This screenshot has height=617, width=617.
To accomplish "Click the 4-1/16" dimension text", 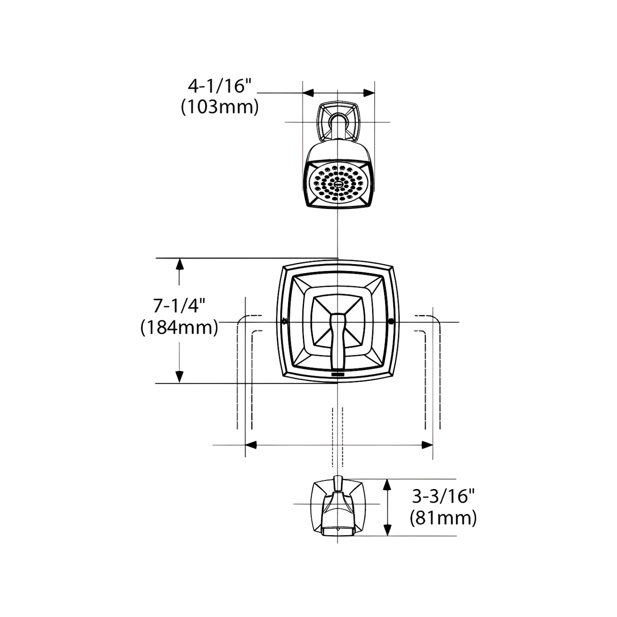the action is pos(219,87).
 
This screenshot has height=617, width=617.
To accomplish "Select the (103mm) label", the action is pos(220,107).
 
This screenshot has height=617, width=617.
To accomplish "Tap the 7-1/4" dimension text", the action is pos(179,306).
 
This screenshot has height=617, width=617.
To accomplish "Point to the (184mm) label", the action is pos(179,328).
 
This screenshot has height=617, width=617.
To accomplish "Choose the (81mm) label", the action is pos(443,517).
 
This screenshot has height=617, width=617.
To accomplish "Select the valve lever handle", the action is pos(337,340).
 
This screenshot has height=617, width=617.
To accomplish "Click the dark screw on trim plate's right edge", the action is pos(391,322).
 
